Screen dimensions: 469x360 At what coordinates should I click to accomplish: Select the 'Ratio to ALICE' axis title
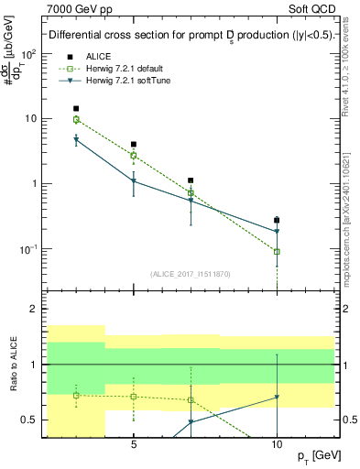point(13,364)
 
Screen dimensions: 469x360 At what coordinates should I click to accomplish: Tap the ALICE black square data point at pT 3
point(76,108)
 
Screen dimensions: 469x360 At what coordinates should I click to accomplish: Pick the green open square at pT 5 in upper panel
point(134,155)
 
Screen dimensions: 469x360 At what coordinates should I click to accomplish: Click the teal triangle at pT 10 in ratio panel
point(277,398)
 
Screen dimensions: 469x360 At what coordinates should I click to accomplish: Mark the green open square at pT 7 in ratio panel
point(191,399)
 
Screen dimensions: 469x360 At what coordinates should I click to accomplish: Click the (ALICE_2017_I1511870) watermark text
point(190,274)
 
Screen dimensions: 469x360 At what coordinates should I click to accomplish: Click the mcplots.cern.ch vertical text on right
point(353,211)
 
